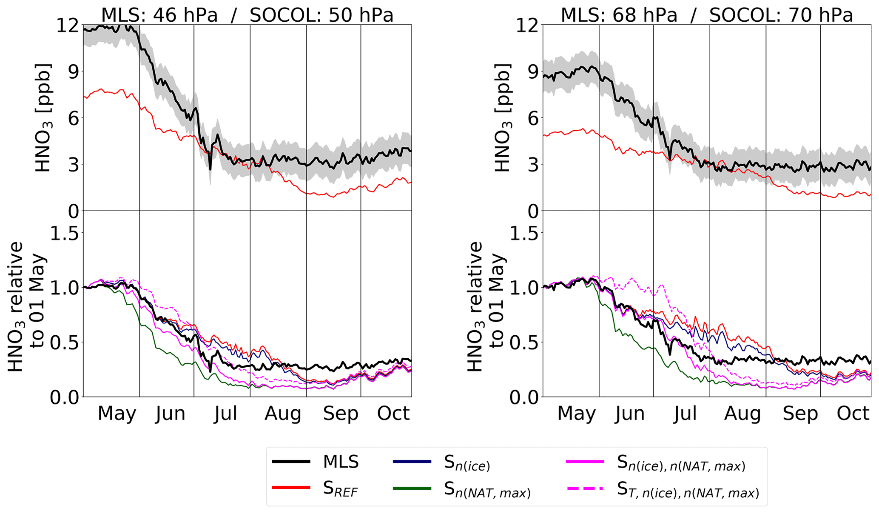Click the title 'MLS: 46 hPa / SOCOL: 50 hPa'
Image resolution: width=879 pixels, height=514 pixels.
tap(247, 15)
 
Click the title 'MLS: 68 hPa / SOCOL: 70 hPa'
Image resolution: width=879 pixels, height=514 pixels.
tap(707, 15)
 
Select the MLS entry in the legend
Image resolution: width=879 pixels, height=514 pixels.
tap(341, 462)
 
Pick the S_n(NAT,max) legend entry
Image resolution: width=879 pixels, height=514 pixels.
tap(487, 490)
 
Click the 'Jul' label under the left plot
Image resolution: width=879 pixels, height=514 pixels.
tap(225, 414)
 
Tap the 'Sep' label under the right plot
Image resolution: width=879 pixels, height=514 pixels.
tap(800, 414)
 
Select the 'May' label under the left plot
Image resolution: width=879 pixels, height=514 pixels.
tap(117, 414)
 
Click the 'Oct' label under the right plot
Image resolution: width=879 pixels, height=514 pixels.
tap(853, 414)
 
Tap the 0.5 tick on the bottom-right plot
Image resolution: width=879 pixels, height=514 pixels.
tap(524, 343)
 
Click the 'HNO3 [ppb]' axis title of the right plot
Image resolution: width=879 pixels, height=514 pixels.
tap(503, 118)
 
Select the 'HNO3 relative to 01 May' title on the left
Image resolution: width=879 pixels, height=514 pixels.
tap(26, 306)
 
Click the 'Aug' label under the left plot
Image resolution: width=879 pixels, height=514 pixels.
tap(283, 414)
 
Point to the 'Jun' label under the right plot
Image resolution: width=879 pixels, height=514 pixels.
tap(630, 414)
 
